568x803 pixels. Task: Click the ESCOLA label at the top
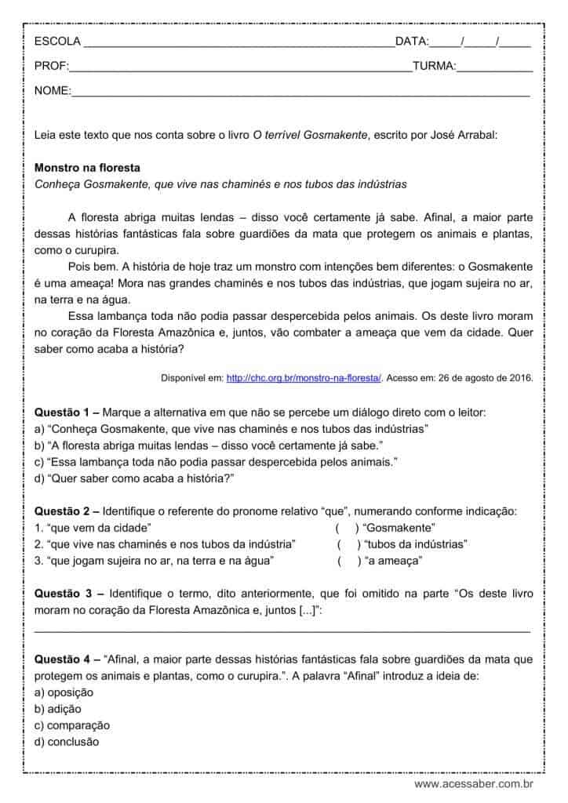click(57, 42)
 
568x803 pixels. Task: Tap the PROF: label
click(52, 67)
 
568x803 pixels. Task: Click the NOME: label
click(53, 92)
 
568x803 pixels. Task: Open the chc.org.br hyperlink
click(304, 378)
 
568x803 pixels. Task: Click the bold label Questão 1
click(64, 412)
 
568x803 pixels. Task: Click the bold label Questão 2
click(64, 511)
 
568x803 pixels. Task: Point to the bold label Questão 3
click(65, 594)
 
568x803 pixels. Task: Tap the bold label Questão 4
click(64, 659)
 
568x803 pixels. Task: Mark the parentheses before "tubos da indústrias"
click(349, 544)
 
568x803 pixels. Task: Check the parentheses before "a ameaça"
click(349, 561)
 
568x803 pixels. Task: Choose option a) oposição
click(64, 692)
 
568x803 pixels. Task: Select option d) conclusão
click(67, 742)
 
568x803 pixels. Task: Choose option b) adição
click(58, 709)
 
